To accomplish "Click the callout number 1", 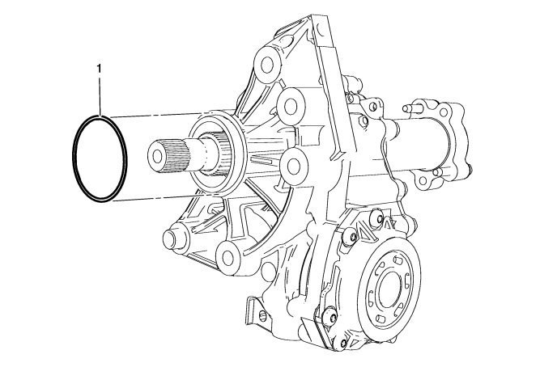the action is tap(100, 69).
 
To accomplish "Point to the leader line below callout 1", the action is tap(100, 97).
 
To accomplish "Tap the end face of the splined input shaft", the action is tap(157, 157).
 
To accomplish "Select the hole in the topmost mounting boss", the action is tap(267, 65).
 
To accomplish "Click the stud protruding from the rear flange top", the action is tap(411, 108).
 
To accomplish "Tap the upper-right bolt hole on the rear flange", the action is tap(444, 112).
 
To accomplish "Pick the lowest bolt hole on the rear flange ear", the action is tap(423, 180).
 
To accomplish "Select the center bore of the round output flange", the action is tap(390, 289).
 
